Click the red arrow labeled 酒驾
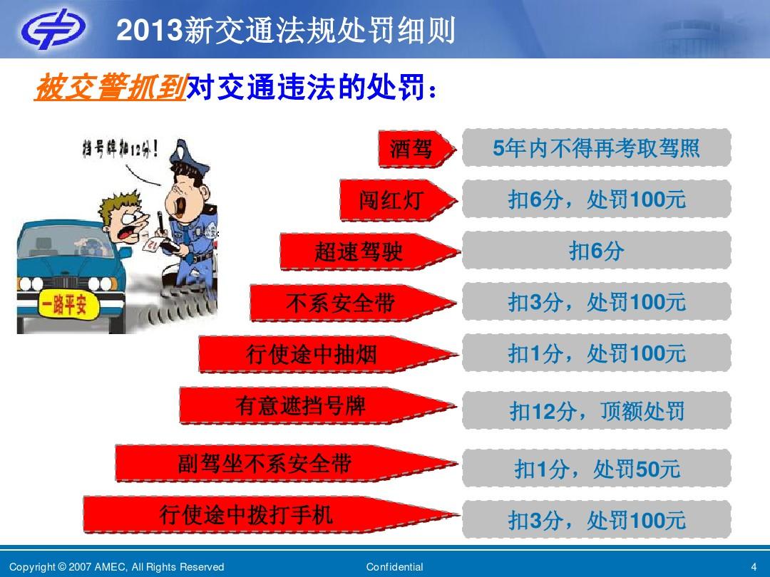click(x=417, y=149)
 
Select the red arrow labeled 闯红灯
click(x=399, y=200)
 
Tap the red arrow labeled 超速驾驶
click(x=370, y=251)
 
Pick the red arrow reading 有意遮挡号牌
click(x=317, y=406)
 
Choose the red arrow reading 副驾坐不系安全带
click(x=287, y=464)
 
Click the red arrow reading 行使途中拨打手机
click(x=271, y=515)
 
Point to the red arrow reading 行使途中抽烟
click(x=328, y=354)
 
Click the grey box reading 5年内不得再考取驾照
click(x=596, y=147)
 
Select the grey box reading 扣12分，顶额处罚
click(x=596, y=411)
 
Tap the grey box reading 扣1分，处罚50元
click(x=596, y=469)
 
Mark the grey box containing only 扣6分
click(x=596, y=251)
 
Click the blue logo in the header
click(x=52, y=28)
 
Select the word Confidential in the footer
click(x=394, y=567)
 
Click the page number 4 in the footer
click(x=754, y=567)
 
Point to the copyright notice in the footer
click(x=116, y=567)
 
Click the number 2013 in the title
click(x=149, y=31)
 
